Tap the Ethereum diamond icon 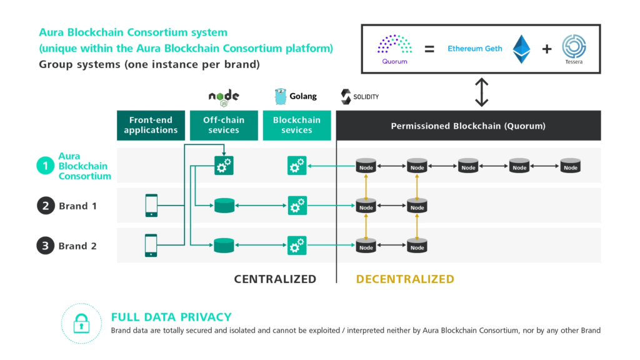(521, 49)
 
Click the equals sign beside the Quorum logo (429, 49)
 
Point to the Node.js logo (223, 96)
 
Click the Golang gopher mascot (281, 96)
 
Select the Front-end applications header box (151, 125)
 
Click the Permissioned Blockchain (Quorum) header (468, 126)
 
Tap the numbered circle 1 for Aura (46, 166)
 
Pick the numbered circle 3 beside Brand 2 (46, 246)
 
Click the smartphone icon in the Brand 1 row (151, 205)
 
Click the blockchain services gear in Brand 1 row (297, 205)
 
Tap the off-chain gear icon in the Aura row (223, 166)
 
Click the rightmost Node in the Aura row (570, 166)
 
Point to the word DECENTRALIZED (405, 279)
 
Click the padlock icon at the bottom (81, 323)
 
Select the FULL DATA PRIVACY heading (171, 317)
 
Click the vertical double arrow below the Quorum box (481, 93)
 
